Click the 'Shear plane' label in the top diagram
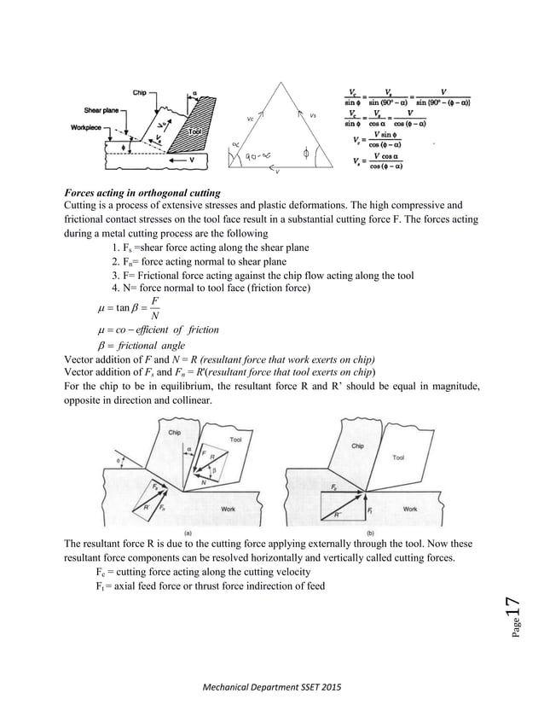click(x=101, y=110)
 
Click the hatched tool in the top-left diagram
click(x=198, y=128)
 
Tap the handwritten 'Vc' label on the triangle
click(x=250, y=119)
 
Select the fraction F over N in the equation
click(x=153, y=308)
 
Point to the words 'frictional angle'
click(x=154, y=346)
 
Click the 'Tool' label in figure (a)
click(x=235, y=440)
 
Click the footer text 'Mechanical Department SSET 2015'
click(x=272, y=686)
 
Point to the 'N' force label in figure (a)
click(x=203, y=482)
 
